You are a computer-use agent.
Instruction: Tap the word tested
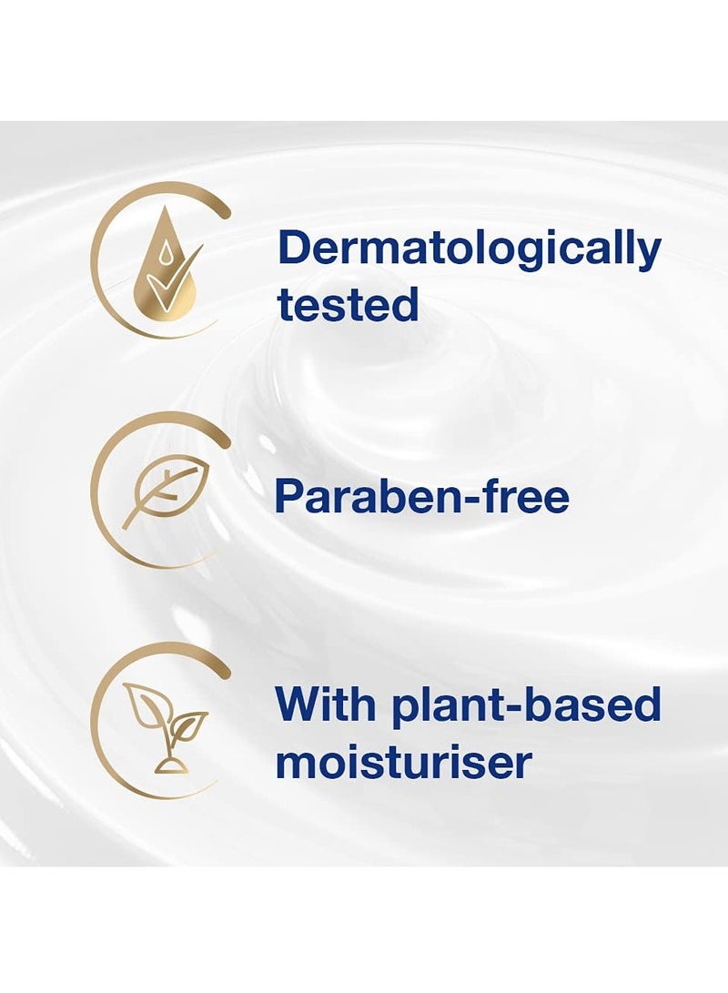click(x=348, y=304)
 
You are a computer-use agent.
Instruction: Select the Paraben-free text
click(x=422, y=496)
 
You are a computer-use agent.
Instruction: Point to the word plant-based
click(x=526, y=705)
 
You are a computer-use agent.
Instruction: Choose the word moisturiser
click(x=402, y=762)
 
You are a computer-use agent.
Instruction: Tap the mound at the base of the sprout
click(x=170, y=766)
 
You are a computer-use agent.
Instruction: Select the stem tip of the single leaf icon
click(x=124, y=527)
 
